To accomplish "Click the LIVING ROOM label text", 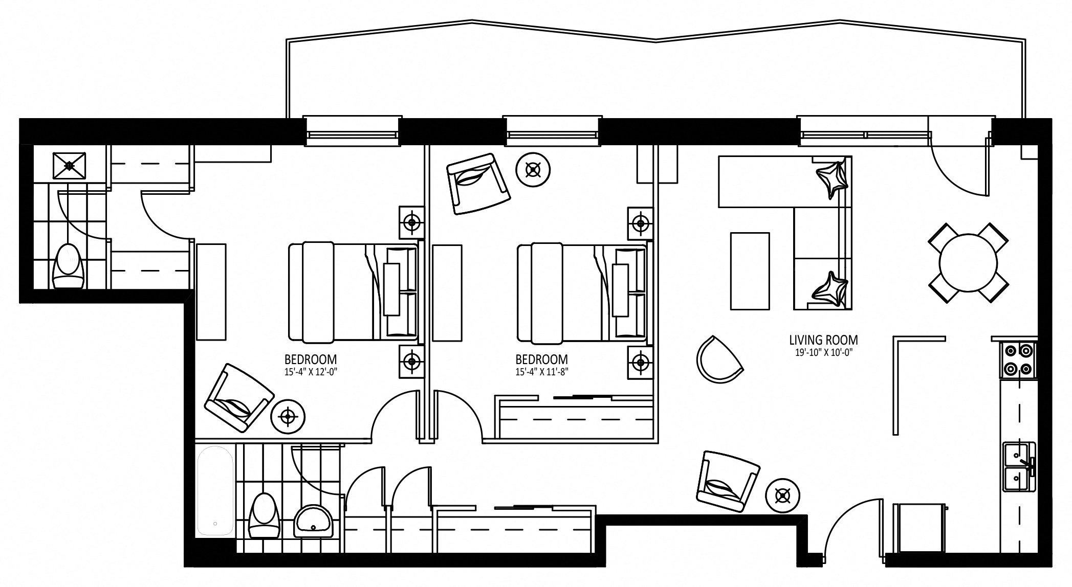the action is click(823, 340).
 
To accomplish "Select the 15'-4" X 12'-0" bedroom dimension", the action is click(311, 372).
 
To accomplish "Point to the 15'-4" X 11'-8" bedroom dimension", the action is click(541, 372).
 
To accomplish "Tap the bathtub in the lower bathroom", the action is click(215, 491).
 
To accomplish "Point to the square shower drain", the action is click(69, 165).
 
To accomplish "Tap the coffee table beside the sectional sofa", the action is click(750, 271).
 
